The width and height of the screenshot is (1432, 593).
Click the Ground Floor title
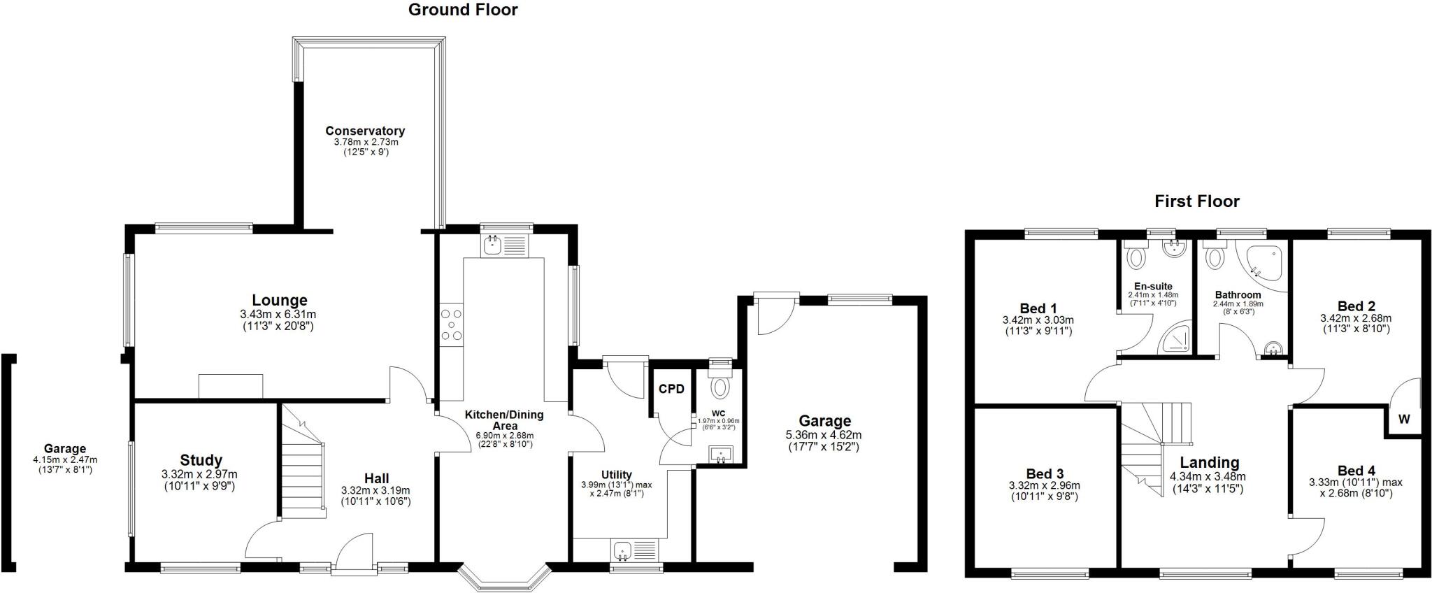pos(463,10)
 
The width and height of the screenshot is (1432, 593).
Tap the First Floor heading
pos(1196,202)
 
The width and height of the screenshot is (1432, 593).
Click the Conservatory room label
pos(365,131)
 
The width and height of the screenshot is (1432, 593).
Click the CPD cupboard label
pos(671,390)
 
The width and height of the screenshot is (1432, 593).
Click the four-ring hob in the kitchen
pos(452,325)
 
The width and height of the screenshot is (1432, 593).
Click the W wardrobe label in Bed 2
pos(1404,420)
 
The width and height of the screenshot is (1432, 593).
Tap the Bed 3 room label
pos(1045,474)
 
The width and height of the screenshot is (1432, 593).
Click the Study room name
pos(201,460)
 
